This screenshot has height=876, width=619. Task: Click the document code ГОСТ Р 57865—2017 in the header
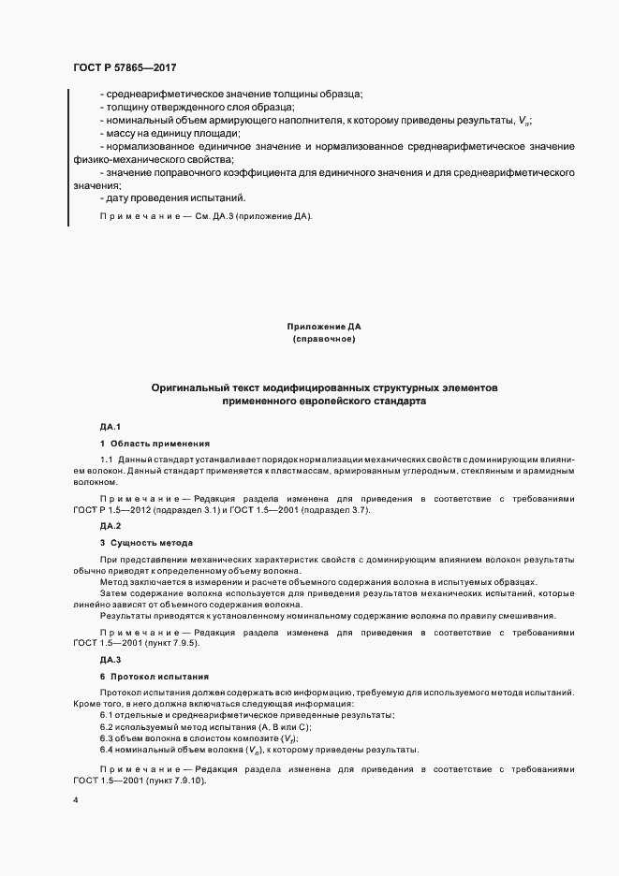coord(125,68)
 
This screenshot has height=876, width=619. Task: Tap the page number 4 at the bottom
coord(75,800)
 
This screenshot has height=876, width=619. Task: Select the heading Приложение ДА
coord(323,327)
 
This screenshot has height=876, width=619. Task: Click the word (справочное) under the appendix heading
coord(323,339)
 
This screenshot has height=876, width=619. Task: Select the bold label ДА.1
coord(111,426)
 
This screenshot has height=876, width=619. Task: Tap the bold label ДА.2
coord(111,527)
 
